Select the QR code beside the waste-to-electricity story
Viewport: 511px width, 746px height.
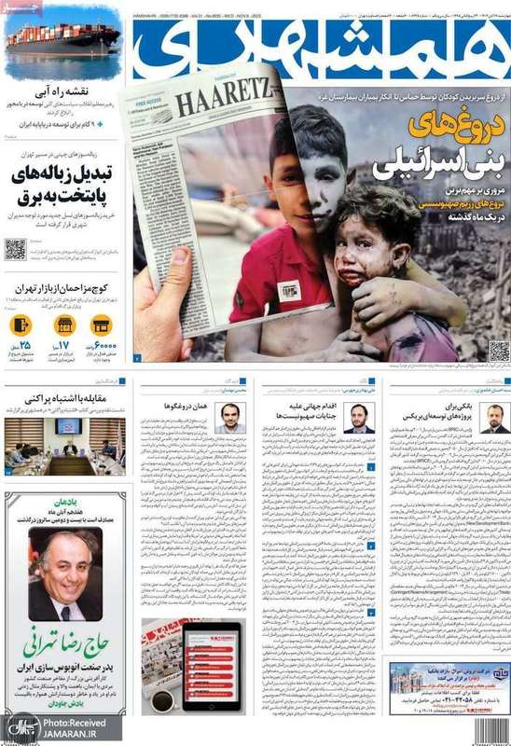coord(15,249)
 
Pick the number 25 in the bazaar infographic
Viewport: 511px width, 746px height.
coord(19,349)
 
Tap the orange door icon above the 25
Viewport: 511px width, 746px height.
coord(20,325)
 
